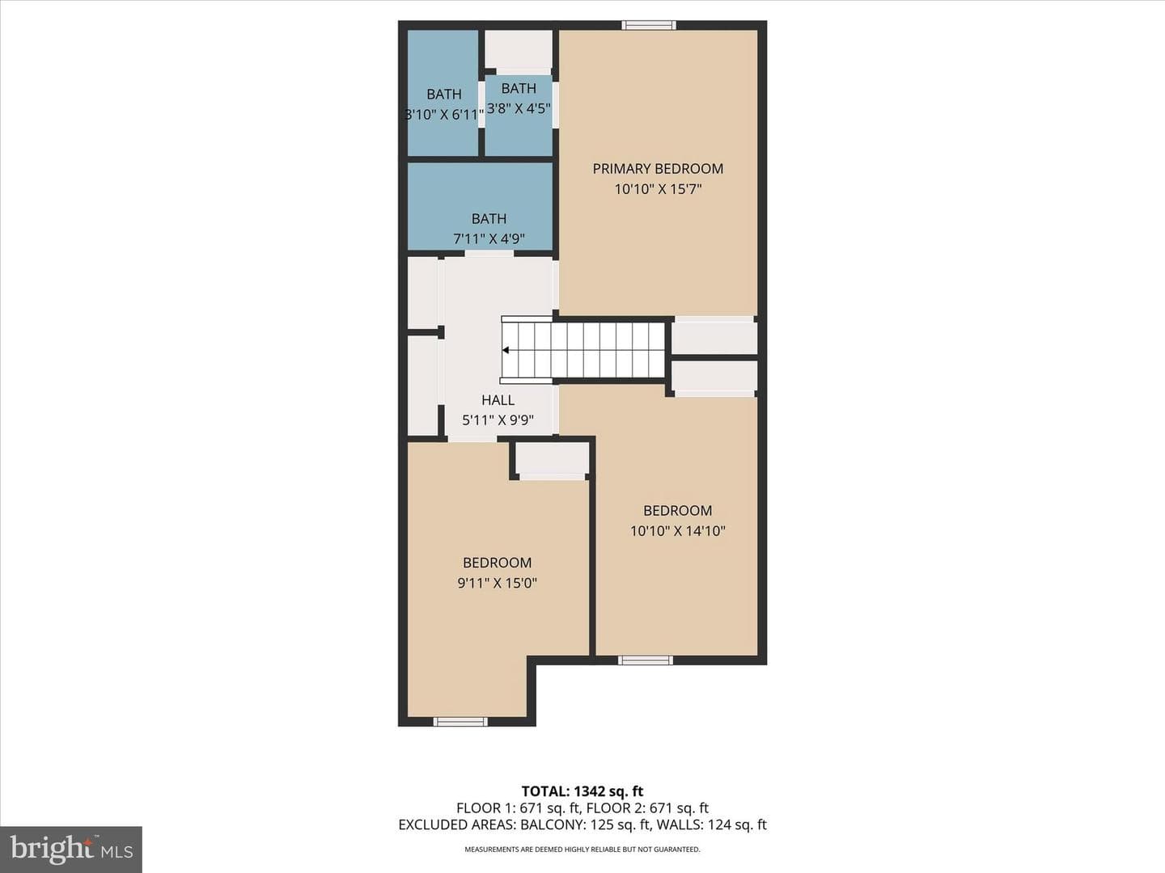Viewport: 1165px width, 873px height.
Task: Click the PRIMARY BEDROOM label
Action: coord(658,169)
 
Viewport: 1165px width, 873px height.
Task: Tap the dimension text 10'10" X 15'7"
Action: coord(658,189)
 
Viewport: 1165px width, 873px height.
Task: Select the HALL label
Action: coord(498,399)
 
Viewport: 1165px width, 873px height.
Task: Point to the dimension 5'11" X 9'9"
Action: coord(498,420)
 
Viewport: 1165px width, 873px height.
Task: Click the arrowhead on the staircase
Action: coord(506,350)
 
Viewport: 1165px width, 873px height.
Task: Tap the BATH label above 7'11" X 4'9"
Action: coord(489,218)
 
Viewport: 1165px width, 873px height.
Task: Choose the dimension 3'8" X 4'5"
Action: coord(519,108)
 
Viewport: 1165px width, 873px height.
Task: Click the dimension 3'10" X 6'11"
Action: coord(444,115)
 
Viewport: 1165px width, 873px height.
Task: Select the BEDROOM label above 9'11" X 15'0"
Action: coord(497,563)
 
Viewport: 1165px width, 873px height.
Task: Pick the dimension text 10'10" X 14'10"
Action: coord(678,530)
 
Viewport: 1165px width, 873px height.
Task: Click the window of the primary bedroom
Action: coord(649,25)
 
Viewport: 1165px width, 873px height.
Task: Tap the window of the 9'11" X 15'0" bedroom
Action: coord(460,721)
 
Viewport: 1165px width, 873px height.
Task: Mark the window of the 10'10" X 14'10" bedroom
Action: coord(646,660)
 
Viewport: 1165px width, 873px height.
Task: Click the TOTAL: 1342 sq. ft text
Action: coord(582,791)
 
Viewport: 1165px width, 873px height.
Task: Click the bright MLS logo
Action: coord(70,849)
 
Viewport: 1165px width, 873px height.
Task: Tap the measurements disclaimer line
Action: coord(582,849)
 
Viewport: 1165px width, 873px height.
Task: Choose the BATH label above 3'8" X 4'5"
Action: coord(519,89)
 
